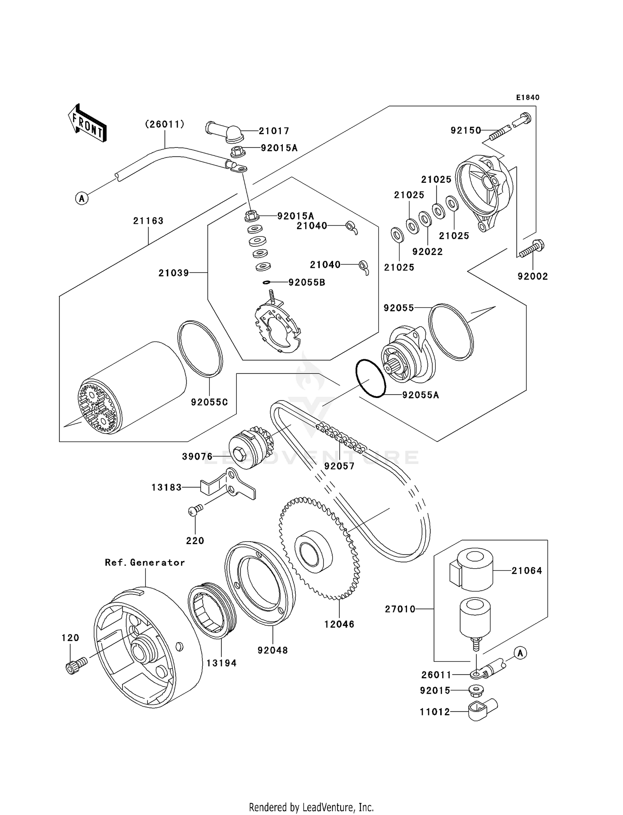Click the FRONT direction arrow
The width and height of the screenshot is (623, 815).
87,123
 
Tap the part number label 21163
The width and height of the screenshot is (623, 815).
148,221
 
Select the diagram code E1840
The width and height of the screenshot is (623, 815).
527,98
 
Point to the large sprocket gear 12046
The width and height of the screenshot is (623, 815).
320,548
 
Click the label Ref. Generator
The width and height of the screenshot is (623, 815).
145,562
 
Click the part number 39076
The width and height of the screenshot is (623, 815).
197,457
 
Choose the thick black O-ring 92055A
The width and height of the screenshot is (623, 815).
371,378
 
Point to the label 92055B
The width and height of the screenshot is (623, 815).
307,282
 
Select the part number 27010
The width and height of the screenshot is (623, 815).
400,609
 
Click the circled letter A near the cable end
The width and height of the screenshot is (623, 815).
82,199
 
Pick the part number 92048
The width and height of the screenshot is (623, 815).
272,650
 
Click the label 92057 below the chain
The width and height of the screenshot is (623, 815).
339,466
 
